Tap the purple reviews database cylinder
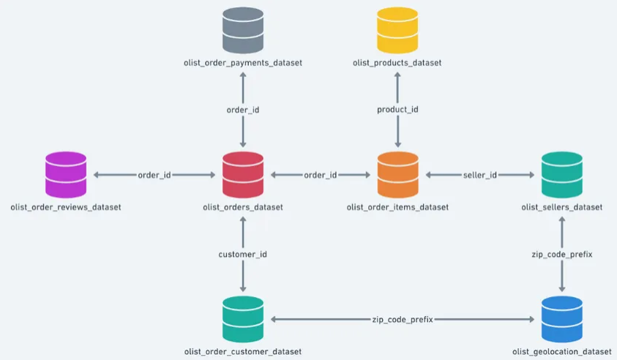point(66,174)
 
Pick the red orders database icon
point(243,174)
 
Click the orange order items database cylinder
point(397,174)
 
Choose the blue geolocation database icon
point(562,318)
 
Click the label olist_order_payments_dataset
point(243,63)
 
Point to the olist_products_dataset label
point(397,63)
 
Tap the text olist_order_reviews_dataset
point(66,207)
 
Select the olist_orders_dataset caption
point(243,207)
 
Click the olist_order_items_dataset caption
point(397,207)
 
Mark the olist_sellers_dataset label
point(562,207)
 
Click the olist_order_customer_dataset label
point(243,352)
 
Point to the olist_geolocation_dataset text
point(562,352)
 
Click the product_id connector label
point(397,110)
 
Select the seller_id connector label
point(480,175)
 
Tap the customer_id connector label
point(243,254)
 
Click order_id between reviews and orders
point(154,175)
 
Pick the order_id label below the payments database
point(243,110)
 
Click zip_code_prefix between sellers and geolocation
point(562,254)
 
